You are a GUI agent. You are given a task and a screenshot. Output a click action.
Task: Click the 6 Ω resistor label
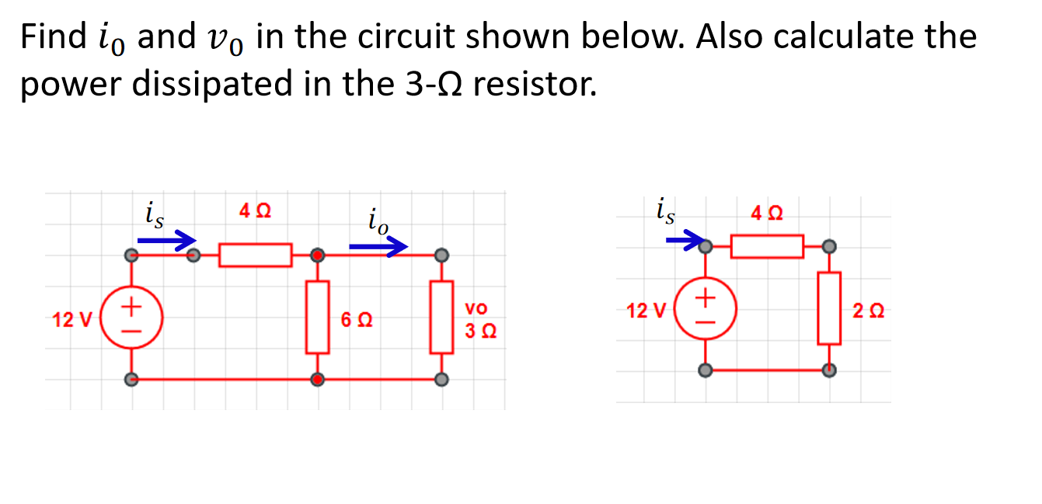pos(356,319)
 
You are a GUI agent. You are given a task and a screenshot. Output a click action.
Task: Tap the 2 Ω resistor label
pos(867,312)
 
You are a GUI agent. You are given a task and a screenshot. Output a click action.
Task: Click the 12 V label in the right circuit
pos(646,312)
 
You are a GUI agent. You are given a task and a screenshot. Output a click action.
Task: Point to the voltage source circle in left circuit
pos(131,318)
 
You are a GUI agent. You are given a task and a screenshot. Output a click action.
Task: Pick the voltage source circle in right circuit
pos(705,309)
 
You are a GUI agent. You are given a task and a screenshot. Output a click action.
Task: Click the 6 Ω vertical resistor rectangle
pos(317,318)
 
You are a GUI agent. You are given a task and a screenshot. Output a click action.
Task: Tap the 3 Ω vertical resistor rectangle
pos(441,318)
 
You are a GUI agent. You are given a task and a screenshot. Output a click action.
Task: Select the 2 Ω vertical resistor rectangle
pos(829,308)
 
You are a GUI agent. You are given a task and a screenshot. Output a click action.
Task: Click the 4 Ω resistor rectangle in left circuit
pos(255,255)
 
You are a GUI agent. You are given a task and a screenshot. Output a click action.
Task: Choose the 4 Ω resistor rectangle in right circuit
pos(767,247)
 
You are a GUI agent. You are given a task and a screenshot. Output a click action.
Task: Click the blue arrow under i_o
pos(378,247)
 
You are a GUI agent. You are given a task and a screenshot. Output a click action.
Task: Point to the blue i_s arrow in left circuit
pos(166,242)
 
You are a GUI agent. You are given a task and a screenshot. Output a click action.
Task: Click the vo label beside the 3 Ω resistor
pos(476,309)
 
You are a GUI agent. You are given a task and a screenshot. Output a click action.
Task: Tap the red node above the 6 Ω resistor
pos(317,255)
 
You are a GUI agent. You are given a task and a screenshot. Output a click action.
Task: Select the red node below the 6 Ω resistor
pos(317,380)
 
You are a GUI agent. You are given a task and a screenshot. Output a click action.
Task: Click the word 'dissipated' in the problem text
pos(200,84)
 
